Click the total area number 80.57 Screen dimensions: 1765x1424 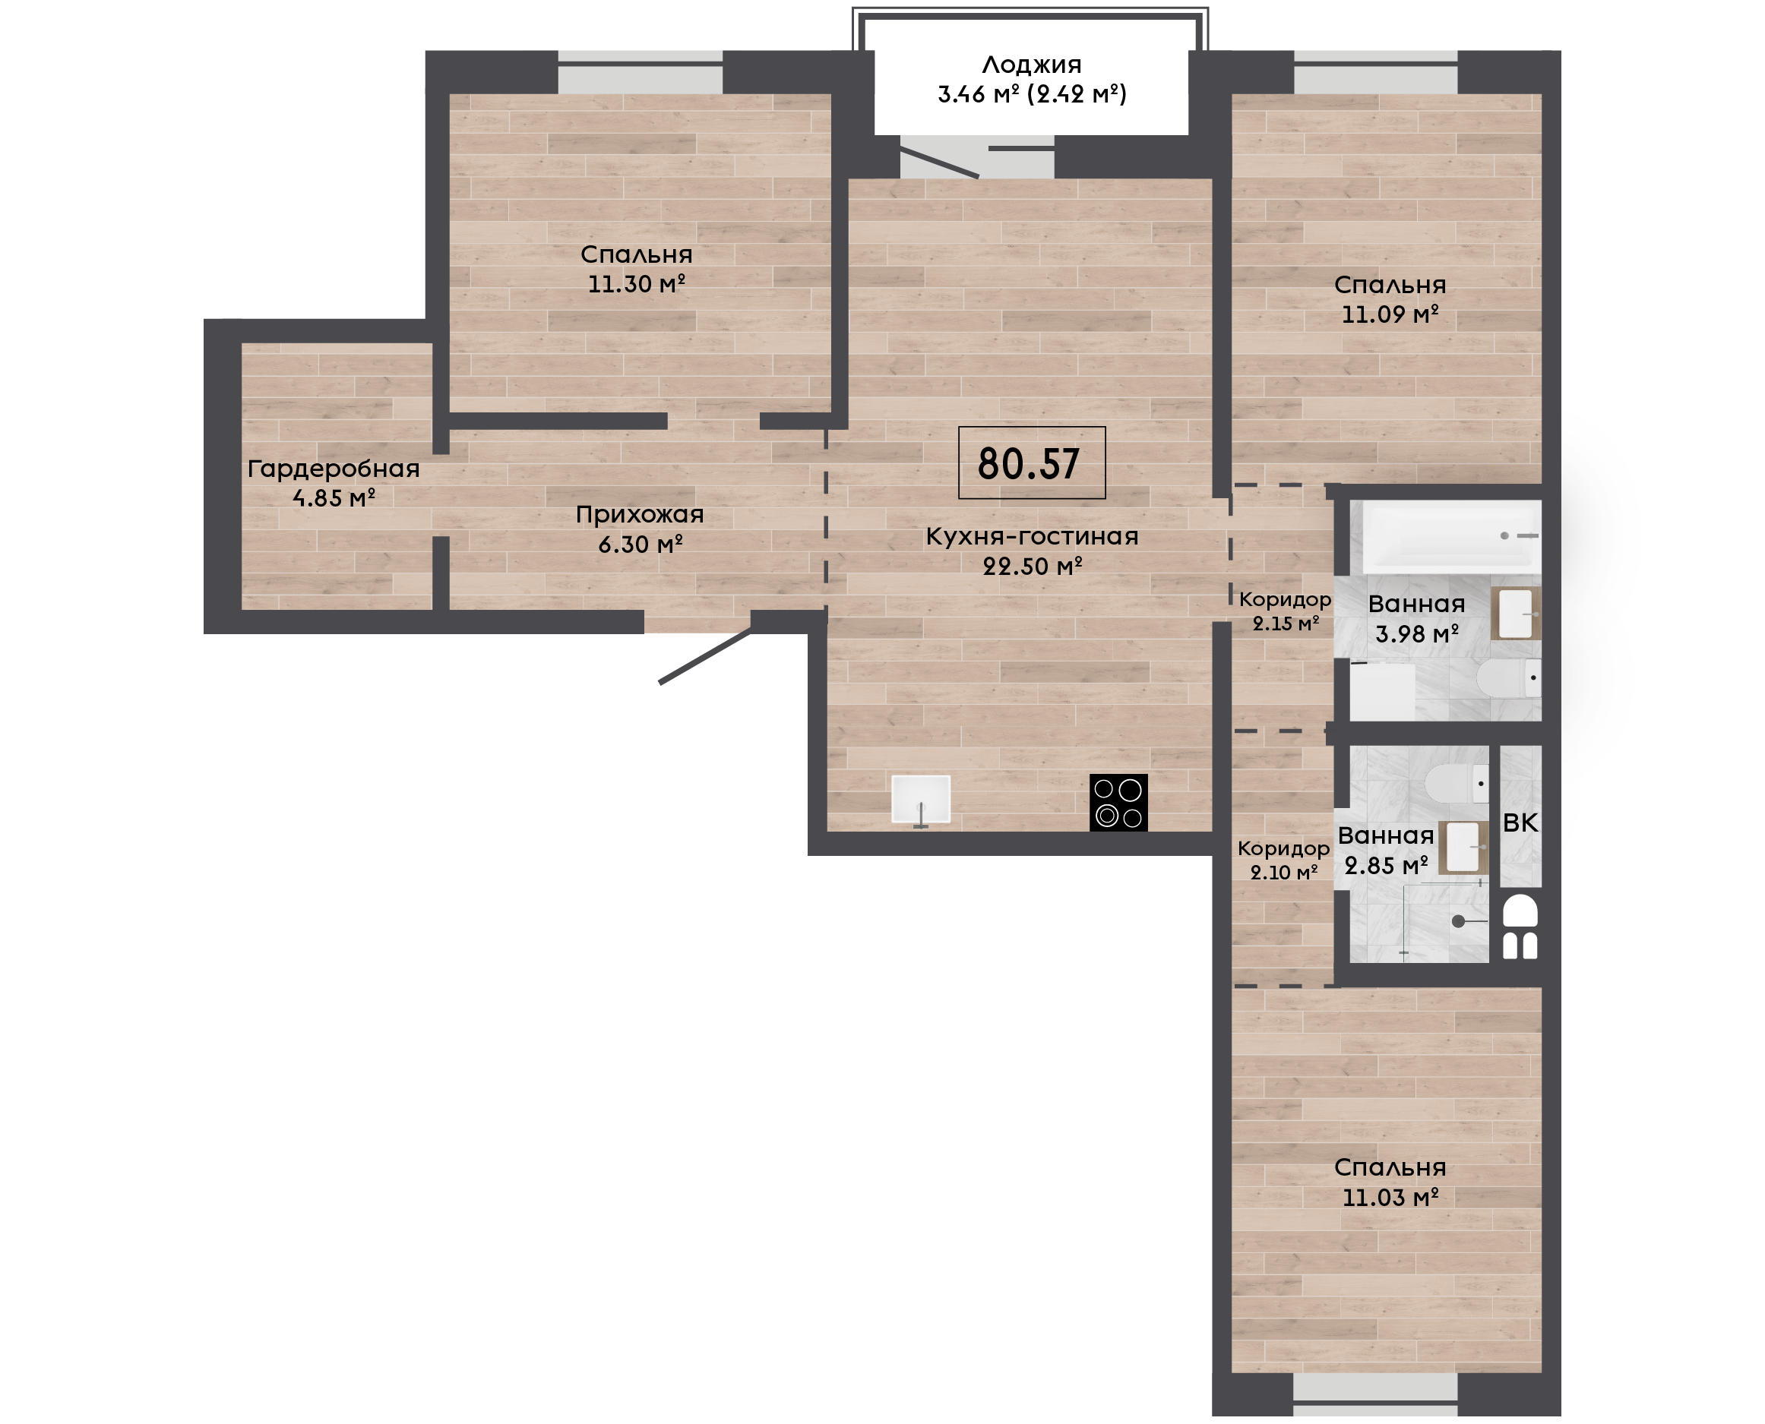[x=1029, y=464]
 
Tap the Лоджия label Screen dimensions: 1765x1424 [x=1032, y=65]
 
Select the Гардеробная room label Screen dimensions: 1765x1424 [x=333, y=469]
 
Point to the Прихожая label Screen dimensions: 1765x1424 [x=639, y=515]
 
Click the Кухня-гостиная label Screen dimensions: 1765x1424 [x=1032, y=536]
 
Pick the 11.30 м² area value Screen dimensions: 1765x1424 [x=636, y=284]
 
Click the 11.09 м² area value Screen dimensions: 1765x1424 [x=1389, y=314]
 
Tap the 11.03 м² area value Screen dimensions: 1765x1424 [x=1390, y=1198]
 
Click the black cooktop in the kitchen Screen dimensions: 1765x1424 [x=1118, y=802]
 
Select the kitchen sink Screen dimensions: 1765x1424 [x=921, y=800]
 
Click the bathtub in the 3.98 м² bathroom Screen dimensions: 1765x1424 [x=1451, y=536]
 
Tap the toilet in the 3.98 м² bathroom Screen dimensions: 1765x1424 [x=1508, y=678]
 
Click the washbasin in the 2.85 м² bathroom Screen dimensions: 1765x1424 [x=1464, y=848]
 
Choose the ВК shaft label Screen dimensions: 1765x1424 [x=1520, y=823]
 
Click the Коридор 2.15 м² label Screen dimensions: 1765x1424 [x=1285, y=611]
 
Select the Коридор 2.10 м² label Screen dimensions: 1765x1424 [x=1283, y=860]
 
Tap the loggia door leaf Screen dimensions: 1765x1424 [x=940, y=163]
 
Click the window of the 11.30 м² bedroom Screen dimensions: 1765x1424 [x=640, y=72]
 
